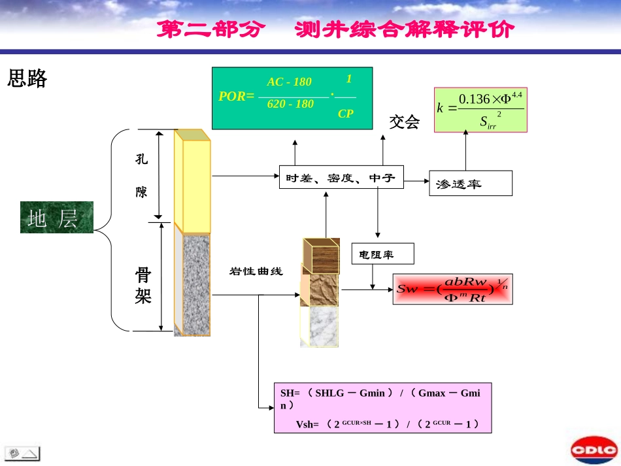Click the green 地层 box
pos(57,217)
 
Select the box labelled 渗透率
pos(470,184)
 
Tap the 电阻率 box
pos(382,254)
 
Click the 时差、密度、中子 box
pos(341,177)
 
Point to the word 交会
pos(404,122)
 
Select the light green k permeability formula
pos(480,110)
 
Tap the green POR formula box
pos(292,97)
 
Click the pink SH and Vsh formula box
pos(382,408)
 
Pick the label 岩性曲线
pos(256,271)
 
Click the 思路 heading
pos(27,79)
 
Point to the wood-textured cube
pos(321,256)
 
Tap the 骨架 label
pos(143,285)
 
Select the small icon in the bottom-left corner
pos(22,452)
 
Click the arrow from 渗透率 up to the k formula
pos(465,151)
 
